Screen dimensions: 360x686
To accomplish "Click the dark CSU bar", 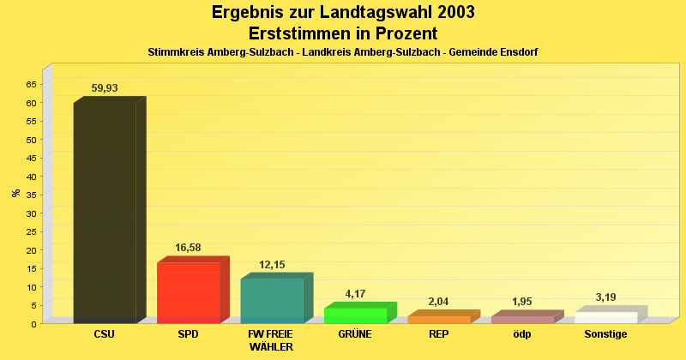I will coord(105,210).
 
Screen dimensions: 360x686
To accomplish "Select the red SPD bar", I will coord(189,292).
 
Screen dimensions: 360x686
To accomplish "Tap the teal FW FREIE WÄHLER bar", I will coord(272,300).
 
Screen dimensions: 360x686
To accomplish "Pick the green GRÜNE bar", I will coord(355,315).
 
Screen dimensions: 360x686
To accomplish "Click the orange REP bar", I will coord(438,320).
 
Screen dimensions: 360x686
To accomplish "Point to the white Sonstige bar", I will coord(605,317).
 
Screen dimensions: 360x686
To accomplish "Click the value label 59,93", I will coord(105,88).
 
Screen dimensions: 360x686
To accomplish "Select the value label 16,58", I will coord(189,248).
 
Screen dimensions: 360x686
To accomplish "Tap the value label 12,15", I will coord(272,264).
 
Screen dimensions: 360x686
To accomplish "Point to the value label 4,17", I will coord(355,294).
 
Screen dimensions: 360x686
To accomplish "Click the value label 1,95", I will coord(522,302).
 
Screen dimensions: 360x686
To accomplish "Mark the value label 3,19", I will coord(605,297).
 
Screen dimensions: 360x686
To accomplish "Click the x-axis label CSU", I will coord(105,334).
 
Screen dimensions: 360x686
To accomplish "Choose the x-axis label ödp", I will coord(522,334).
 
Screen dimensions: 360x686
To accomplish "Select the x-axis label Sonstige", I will coord(605,334).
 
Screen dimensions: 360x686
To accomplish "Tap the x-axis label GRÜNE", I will coord(355,334).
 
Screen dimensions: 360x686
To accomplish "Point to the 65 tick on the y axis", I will coord(31,84).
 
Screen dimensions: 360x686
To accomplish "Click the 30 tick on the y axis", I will coord(31,213).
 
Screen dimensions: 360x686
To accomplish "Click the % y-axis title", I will coord(15,193).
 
